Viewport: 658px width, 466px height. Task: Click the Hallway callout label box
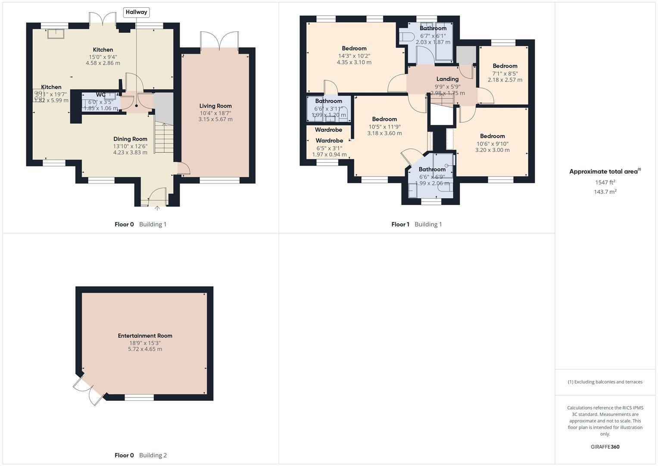coord(136,12)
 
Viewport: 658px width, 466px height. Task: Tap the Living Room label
coord(215,106)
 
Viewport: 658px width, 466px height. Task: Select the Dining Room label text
coord(130,139)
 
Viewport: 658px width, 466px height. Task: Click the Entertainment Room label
coord(145,336)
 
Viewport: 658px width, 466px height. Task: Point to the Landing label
coord(447,79)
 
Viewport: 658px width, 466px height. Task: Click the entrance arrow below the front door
coord(157,208)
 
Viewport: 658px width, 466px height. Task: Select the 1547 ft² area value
coord(605,183)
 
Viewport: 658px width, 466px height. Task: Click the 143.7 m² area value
coord(605,192)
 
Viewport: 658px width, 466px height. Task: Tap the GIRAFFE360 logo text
coord(605,447)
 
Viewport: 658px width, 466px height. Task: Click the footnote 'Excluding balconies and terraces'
coord(605,382)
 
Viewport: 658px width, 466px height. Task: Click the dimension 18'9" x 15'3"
coord(145,343)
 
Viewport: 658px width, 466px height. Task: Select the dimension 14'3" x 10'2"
coord(354,56)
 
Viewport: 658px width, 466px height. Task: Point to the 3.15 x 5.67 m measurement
coord(215,119)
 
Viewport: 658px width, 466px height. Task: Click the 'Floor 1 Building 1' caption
coord(416,224)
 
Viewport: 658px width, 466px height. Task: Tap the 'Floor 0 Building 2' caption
coord(140,455)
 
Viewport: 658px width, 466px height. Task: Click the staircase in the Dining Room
coord(163,137)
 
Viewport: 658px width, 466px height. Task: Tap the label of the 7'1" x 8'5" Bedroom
coord(505,66)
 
